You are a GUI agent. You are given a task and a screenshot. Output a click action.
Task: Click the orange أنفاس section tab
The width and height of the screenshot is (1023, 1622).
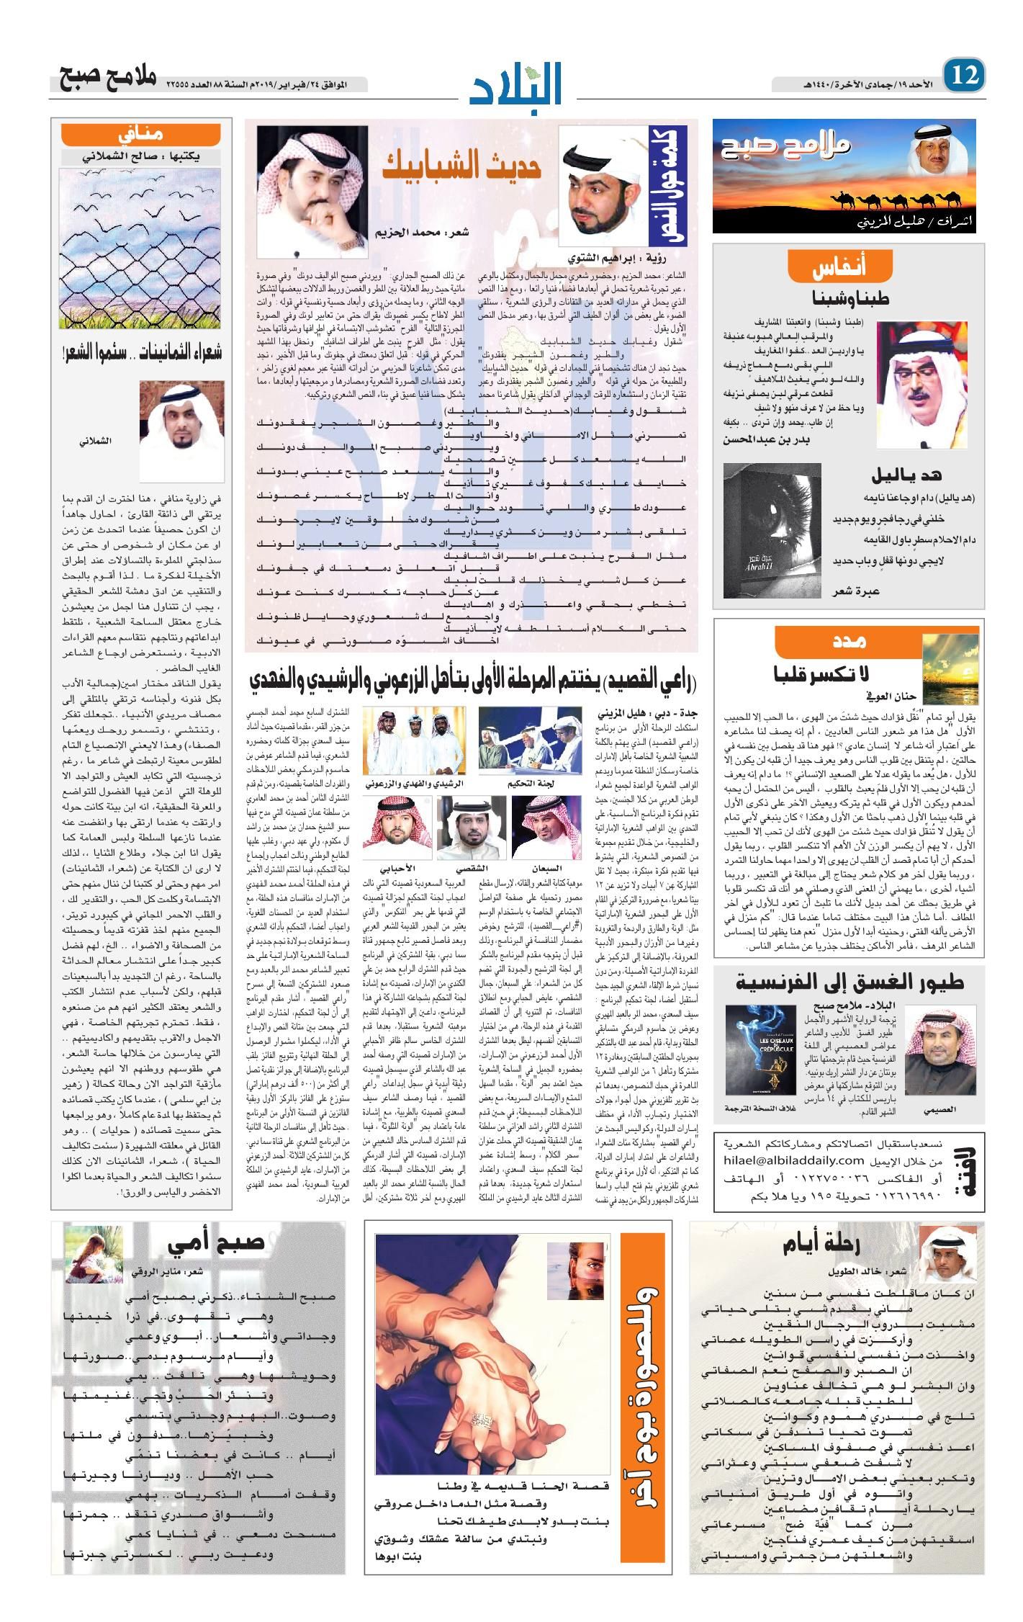click(x=849, y=268)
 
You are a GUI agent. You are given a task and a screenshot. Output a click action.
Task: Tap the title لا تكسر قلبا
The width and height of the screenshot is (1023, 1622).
click(x=822, y=673)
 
